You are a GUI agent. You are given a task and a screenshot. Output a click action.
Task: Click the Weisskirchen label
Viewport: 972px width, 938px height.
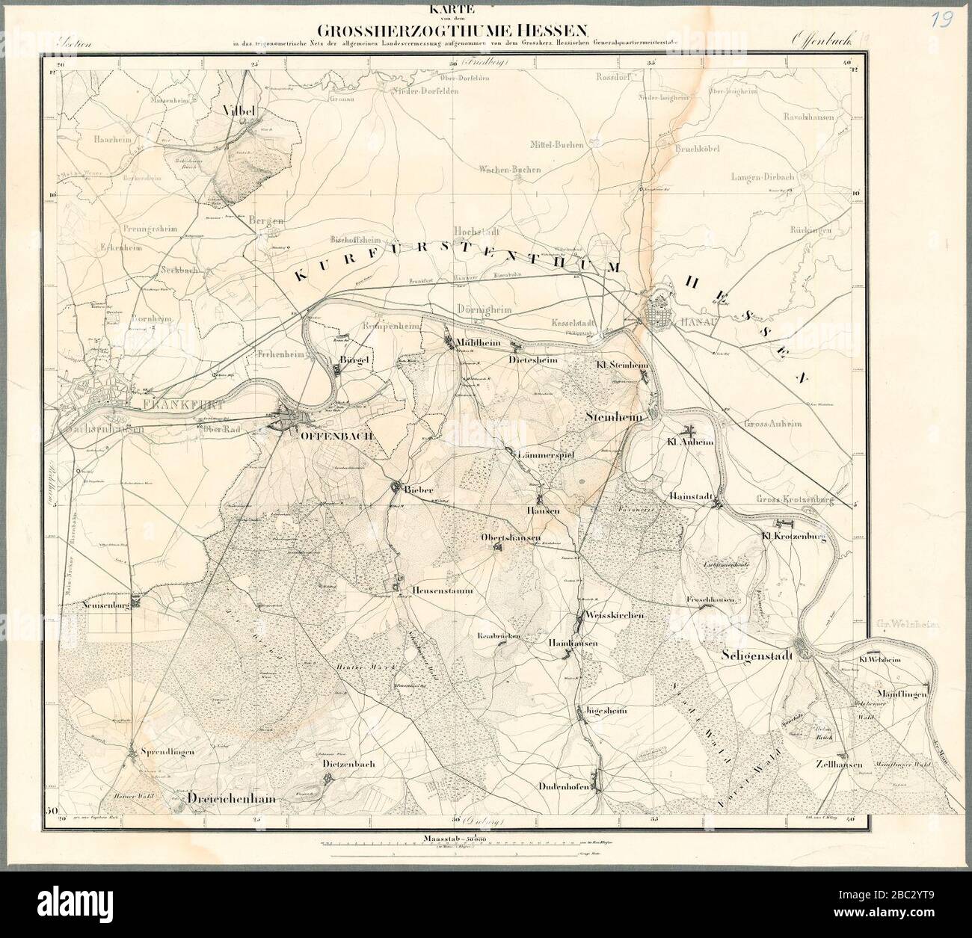coord(617,614)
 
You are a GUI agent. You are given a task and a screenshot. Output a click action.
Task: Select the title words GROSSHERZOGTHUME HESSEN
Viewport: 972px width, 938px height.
coord(454,31)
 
